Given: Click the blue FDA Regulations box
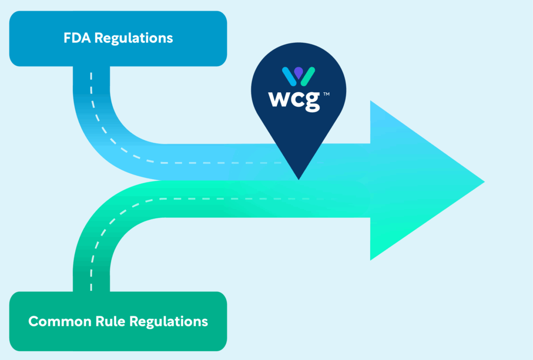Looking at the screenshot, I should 118,39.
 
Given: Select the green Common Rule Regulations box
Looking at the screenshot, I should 118,321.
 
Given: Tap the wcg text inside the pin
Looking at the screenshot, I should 294,100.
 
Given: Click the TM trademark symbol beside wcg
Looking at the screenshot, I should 326,94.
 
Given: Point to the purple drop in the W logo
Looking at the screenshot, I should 298,71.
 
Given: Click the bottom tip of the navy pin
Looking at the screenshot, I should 299,179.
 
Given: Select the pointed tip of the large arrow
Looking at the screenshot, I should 483,181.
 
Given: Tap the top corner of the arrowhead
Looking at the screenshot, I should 371,102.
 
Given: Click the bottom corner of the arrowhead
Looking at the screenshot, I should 371,259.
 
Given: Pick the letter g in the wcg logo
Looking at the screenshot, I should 312,102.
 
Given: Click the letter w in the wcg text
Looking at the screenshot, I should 279,99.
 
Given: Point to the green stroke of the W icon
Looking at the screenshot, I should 309,77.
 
